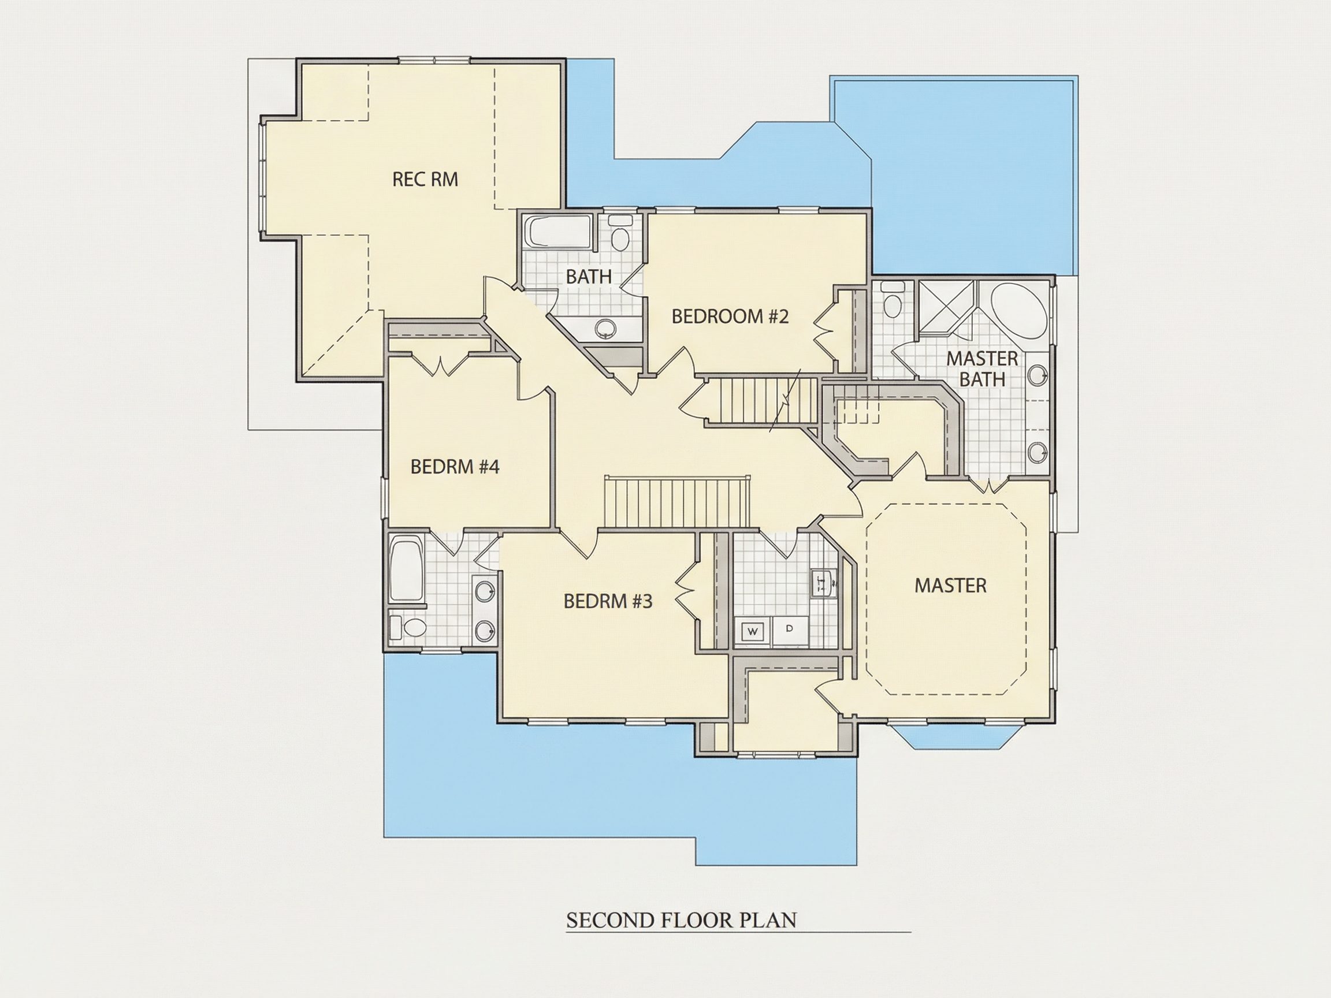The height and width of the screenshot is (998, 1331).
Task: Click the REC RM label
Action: click(425, 179)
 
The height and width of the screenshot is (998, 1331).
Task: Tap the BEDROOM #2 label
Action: click(730, 316)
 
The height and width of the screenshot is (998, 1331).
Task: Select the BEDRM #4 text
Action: click(455, 467)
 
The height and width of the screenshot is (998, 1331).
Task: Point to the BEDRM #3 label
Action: click(608, 601)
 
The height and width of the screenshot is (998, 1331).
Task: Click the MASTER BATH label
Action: click(982, 368)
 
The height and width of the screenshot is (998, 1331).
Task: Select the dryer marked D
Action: click(790, 630)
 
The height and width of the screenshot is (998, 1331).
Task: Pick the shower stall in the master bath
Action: click(945, 308)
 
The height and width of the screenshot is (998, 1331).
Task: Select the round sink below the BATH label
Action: click(605, 328)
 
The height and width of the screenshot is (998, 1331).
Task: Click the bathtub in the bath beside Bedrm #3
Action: click(407, 569)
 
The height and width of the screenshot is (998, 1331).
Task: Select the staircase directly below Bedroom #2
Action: click(761, 401)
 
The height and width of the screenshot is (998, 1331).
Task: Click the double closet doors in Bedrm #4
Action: click(442, 364)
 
